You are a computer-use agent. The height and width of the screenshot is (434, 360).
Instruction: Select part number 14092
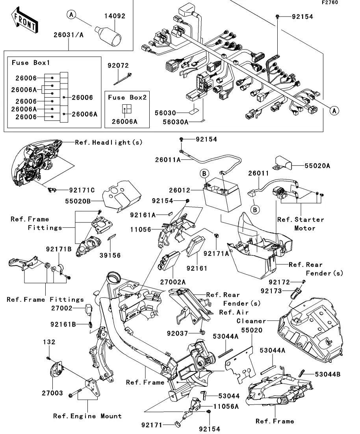point(115,17)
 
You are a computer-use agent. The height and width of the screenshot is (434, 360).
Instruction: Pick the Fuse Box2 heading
point(127,97)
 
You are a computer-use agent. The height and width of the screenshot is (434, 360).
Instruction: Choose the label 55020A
point(317,166)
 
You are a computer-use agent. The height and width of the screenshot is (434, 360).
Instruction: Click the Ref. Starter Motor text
point(301,223)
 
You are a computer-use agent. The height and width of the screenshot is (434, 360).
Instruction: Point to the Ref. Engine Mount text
point(87,416)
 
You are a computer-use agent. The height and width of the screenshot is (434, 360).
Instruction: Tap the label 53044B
point(328,374)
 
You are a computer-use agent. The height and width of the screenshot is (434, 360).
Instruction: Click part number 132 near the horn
point(49,342)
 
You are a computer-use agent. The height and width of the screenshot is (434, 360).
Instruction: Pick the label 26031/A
point(69,35)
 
